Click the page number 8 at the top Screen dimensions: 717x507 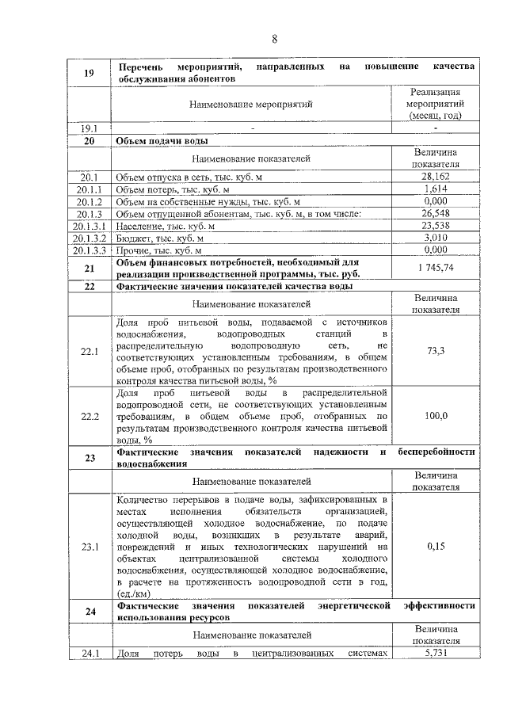tap(274, 39)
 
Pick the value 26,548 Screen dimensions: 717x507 tap(436, 213)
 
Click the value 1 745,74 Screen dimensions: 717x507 tap(436, 268)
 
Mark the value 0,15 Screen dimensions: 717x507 tap(436, 547)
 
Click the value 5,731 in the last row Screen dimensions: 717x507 tap(436, 654)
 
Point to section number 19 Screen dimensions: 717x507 tap(90, 74)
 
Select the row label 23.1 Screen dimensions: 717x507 tap(90, 547)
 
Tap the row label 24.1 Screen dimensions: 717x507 tap(90, 654)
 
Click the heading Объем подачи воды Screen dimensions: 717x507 tap(162, 141)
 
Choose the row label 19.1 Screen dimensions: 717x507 tap(90, 128)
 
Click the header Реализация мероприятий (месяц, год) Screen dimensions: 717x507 tap(436, 104)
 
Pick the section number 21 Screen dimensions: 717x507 tap(90, 269)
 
